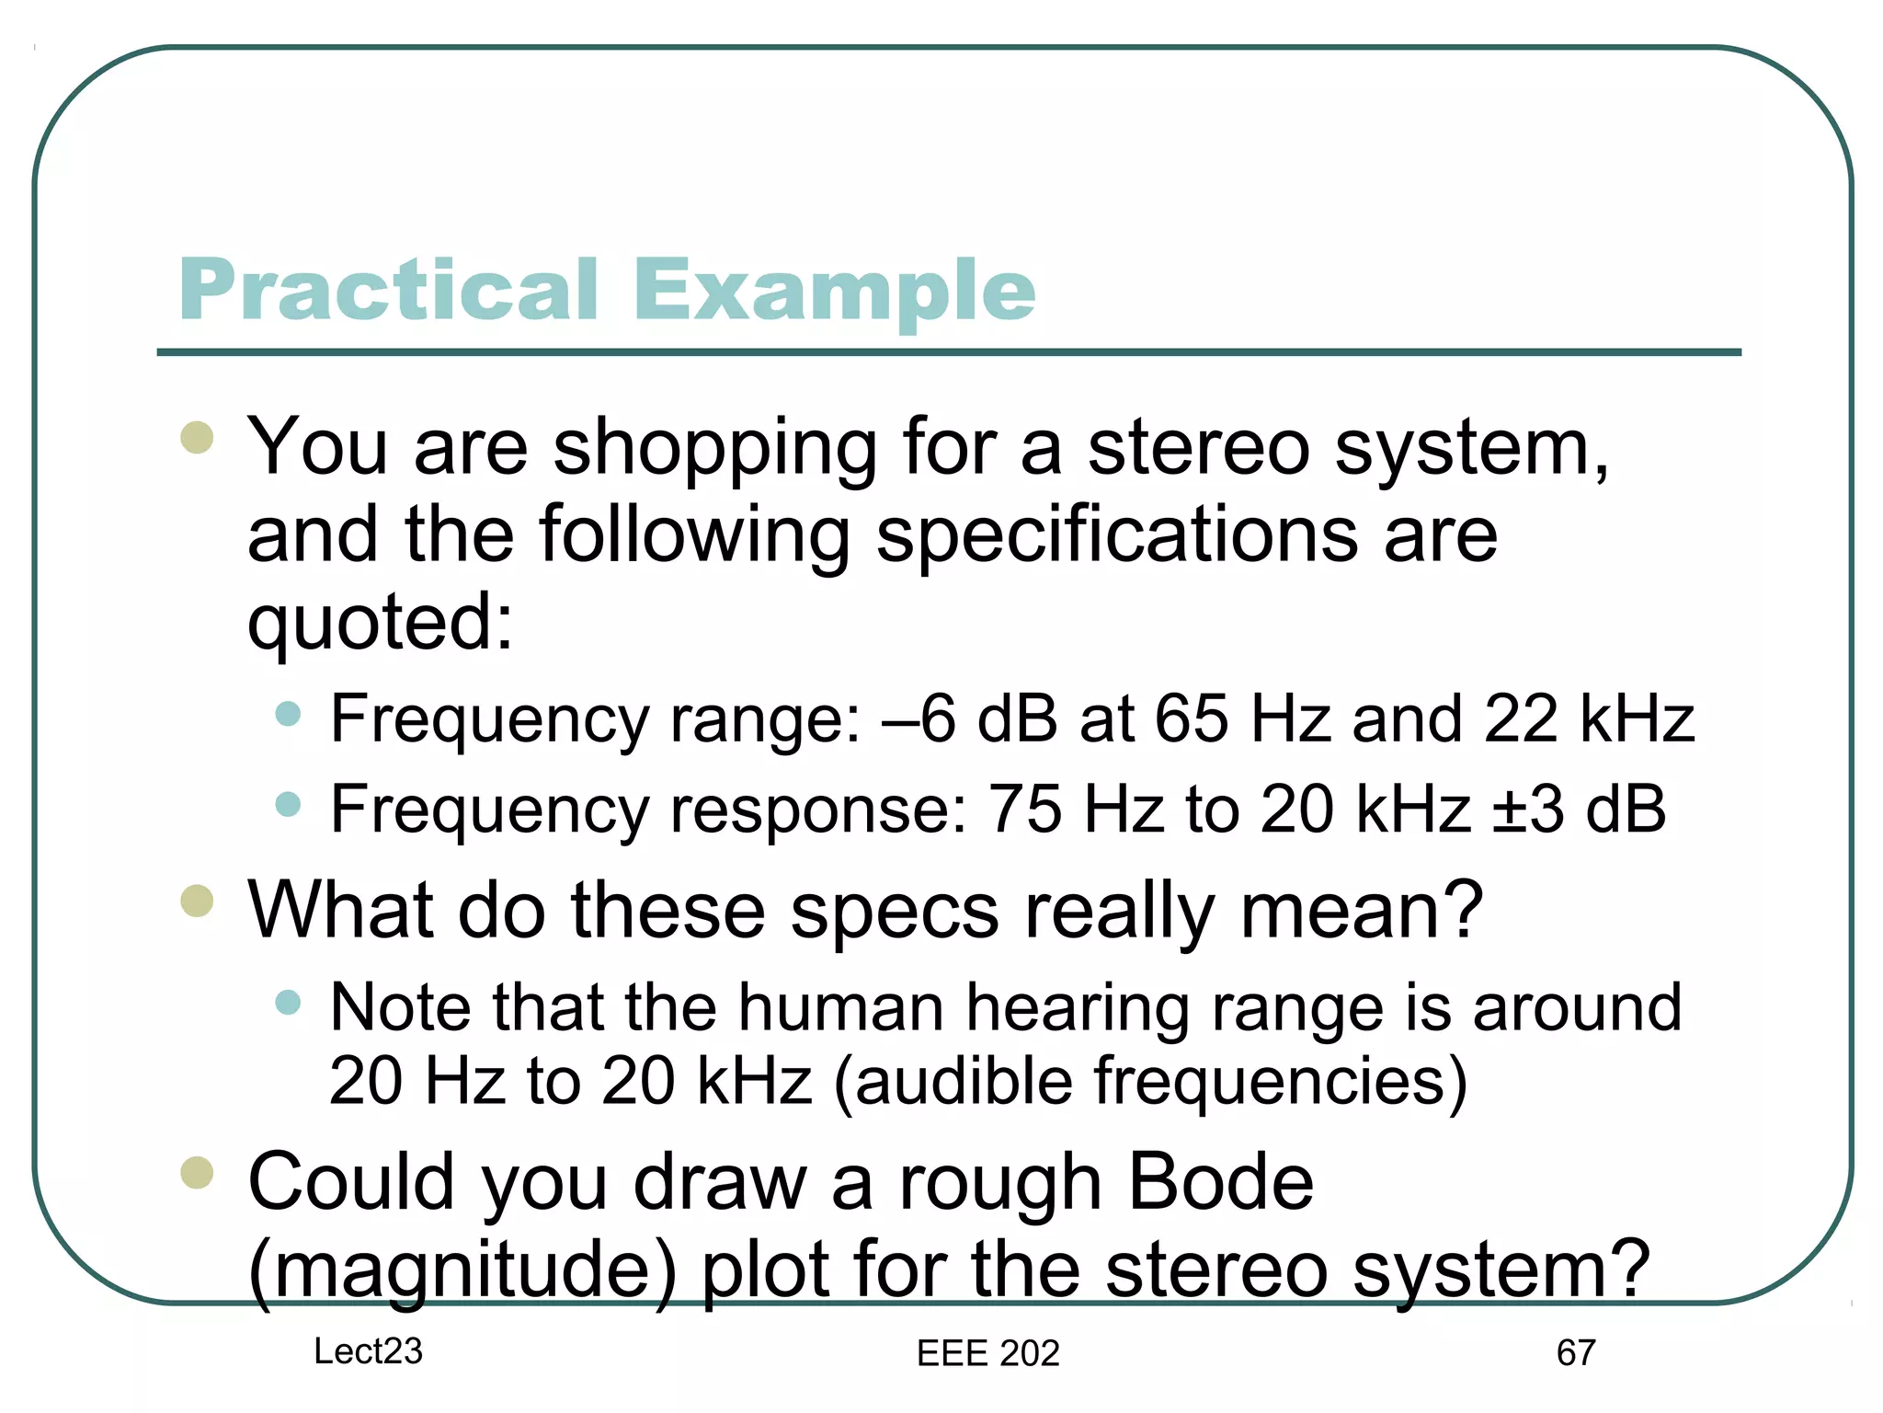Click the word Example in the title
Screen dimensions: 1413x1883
tap(833, 291)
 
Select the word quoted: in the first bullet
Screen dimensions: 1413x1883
tap(380, 623)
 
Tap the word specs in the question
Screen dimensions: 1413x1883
tap(894, 912)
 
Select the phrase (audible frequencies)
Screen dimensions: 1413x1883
tap(1150, 1081)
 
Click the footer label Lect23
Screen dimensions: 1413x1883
tap(368, 1351)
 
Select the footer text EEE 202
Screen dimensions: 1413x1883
tap(988, 1353)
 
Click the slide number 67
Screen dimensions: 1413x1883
tap(1576, 1353)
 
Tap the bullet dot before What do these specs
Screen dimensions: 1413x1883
tap(197, 902)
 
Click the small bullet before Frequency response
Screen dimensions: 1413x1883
tap(288, 805)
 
